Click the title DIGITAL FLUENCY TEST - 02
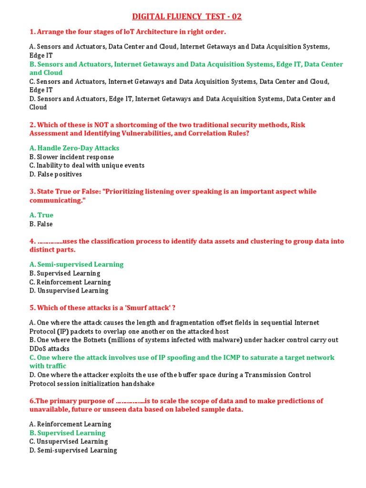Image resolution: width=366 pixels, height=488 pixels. [x=187, y=17]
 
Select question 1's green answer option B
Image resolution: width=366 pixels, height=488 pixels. [x=186, y=64]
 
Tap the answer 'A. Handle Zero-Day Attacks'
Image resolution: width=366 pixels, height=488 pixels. [x=74, y=148]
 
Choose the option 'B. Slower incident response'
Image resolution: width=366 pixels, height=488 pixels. [x=71, y=157]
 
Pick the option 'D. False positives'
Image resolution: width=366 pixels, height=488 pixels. [x=55, y=174]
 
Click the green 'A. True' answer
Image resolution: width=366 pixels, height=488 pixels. [x=41, y=215]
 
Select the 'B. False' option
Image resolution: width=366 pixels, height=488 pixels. [x=41, y=224]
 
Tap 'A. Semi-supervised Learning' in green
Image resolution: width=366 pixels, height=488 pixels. [x=76, y=264]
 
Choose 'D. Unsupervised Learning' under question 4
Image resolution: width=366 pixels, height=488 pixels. [x=69, y=291]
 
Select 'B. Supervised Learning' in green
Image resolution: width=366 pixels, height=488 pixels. [x=67, y=433]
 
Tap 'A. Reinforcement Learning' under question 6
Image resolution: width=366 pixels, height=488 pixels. [x=70, y=424]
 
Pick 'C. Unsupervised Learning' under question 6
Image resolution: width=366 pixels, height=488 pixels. [x=69, y=441]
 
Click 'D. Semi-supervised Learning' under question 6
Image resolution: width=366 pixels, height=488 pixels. [x=73, y=450]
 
